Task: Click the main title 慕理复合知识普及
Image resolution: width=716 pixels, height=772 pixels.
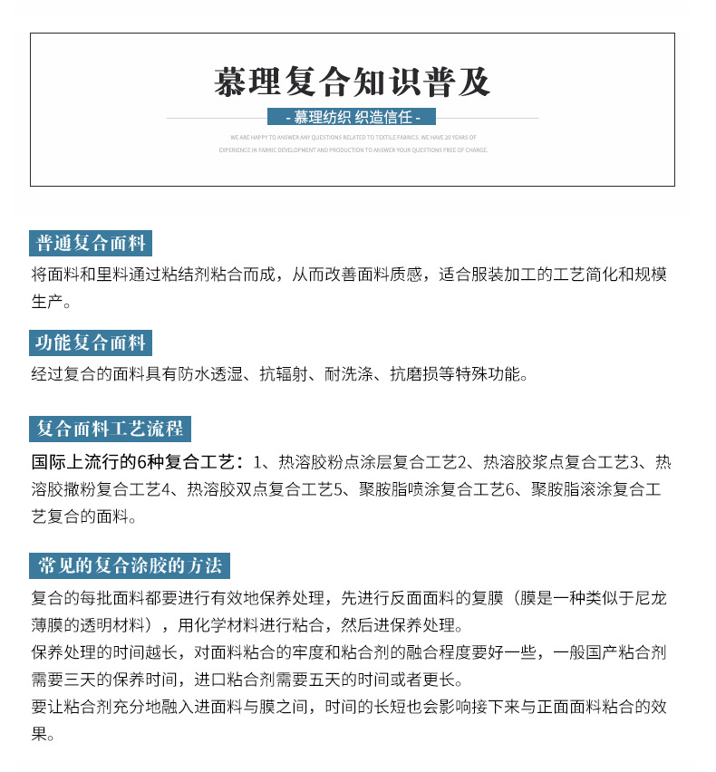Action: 353,82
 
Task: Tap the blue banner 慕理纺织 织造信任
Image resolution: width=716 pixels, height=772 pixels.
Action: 353,118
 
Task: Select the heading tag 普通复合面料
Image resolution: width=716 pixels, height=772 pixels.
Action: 91,244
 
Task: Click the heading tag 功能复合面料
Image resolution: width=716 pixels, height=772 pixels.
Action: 91,343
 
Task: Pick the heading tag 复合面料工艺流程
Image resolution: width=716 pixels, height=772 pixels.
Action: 110,429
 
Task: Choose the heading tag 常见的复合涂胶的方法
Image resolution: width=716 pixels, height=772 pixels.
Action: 130,566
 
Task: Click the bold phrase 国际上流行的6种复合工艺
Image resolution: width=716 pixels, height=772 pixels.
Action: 132,461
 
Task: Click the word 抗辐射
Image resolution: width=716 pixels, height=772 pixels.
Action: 283,373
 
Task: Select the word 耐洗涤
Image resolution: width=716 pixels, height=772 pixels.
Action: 348,373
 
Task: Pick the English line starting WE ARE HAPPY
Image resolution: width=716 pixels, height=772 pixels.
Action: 353,137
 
